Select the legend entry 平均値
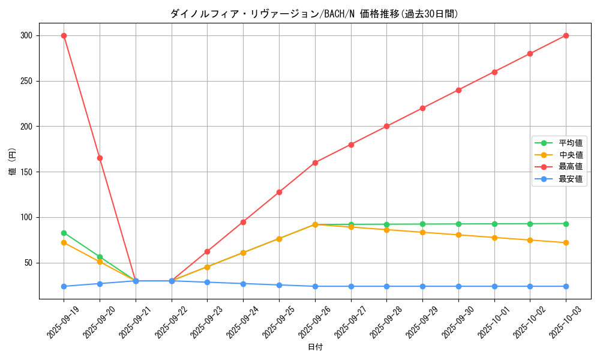(x=571, y=143)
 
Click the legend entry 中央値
(x=571, y=155)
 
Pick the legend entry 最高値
(x=571, y=167)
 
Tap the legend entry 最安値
(x=571, y=179)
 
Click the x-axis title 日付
(x=315, y=347)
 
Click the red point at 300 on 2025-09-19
(x=64, y=35)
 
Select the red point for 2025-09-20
(x=100, y=158)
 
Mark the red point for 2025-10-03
(x=566, y=35)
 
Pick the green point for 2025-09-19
(x=64, y=233)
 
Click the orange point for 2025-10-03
(x=566, y=242)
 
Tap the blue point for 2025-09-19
(x=64, y=286)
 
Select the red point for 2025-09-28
(x=386, y=126)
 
